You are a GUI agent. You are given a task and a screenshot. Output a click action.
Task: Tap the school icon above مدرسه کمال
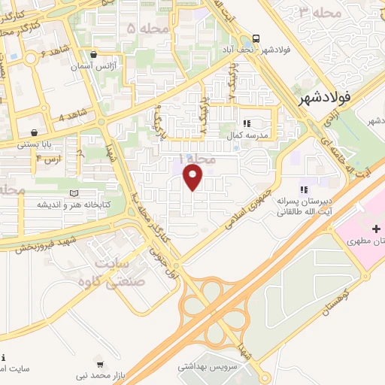pos(246,124)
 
